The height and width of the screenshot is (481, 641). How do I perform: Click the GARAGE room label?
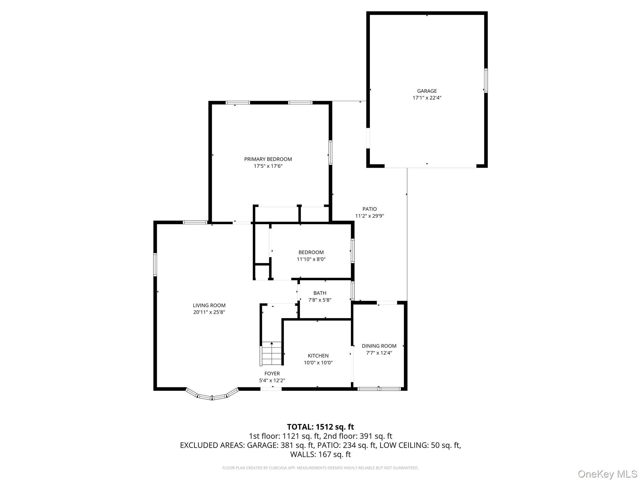427,91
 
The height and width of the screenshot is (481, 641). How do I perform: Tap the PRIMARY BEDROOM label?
268,159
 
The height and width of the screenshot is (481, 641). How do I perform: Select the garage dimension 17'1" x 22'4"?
427,98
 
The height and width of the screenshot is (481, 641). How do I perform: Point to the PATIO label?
370,209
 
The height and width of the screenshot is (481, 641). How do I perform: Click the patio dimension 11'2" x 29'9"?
370,216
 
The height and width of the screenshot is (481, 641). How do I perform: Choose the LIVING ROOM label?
209,305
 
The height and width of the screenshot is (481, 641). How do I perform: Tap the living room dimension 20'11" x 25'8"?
209,312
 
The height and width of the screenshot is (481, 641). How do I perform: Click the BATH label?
320,293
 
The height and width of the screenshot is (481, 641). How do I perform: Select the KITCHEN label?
318,356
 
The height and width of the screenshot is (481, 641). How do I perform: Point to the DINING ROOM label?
379,346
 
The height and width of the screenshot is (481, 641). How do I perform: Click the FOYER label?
272,374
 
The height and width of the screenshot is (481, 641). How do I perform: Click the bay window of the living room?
212,394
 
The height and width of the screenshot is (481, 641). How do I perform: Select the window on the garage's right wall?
486,80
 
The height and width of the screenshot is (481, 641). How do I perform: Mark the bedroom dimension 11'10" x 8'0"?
311,259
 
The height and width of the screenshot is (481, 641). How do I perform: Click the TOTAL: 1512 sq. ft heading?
320,427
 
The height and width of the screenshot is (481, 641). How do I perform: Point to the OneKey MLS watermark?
608,474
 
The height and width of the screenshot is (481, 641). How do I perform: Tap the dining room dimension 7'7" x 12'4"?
379,353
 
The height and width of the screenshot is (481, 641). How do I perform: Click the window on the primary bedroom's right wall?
330,152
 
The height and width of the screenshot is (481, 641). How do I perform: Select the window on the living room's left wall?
155,265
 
